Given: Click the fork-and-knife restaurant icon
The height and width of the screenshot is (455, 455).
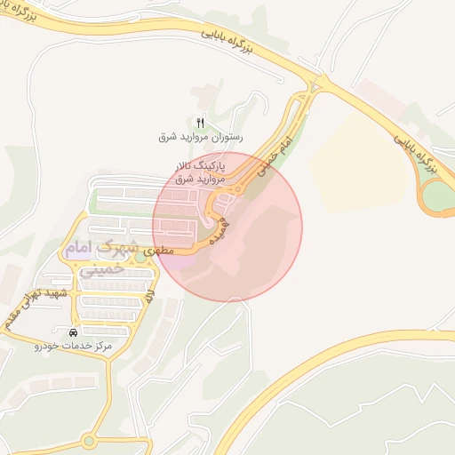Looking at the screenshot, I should click(x=200, y=123).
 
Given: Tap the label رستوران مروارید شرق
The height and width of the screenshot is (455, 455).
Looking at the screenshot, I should click(x=200, y=138).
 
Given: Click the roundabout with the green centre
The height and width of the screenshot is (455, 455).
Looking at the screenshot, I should click(x=90, y=441).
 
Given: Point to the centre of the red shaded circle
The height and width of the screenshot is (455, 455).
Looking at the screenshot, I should click(x=227, y=227).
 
